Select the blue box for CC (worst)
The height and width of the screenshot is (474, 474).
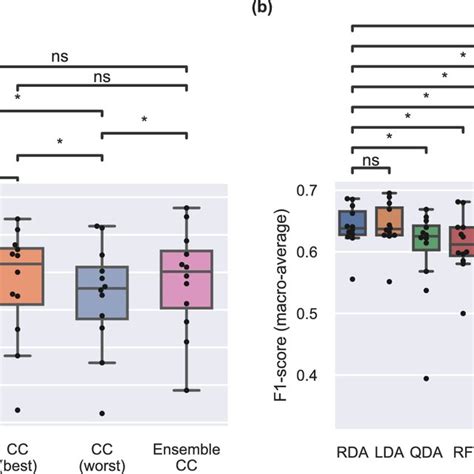point(102,292)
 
